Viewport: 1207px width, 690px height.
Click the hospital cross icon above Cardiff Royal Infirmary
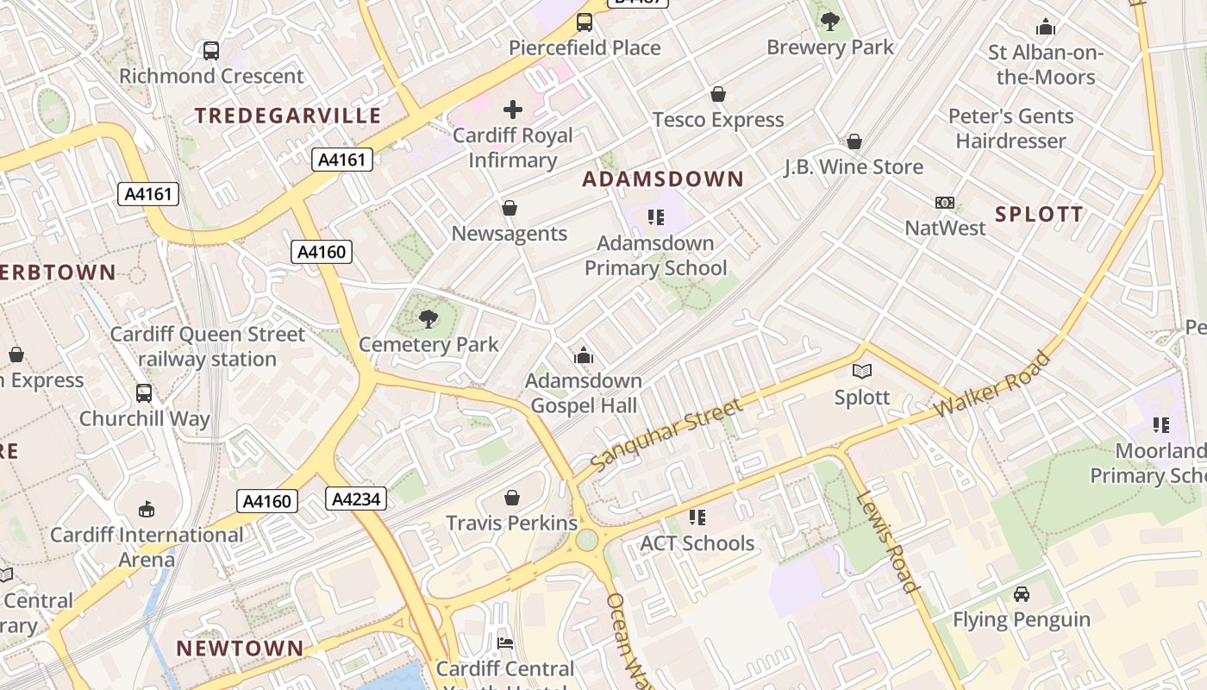[513, 110]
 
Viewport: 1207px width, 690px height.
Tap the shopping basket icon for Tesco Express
[718, 94]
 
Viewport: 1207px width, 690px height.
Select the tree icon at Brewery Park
[830, 22]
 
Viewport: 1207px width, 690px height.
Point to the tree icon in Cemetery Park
[428, 320]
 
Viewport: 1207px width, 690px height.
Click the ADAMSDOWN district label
[662, 179]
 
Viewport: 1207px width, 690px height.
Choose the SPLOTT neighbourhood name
[1039, 215]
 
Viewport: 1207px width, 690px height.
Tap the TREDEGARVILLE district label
[287, 116]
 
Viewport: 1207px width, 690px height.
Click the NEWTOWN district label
[240, 649]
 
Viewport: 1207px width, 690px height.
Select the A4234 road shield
[356, 498]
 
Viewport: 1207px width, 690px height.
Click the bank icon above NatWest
[945, 203]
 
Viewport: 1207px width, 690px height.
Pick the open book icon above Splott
[862, 372]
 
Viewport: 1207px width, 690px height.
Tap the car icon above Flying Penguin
[1022, 594]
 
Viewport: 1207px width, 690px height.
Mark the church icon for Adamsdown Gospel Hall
[584, 355]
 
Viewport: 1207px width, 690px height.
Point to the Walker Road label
[994, 387]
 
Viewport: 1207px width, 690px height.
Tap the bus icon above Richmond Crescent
[211, 51]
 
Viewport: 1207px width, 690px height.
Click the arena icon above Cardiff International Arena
[147, 510]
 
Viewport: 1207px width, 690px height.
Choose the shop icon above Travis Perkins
[512, 498]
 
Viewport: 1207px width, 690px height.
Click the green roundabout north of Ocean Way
[586, 540]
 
